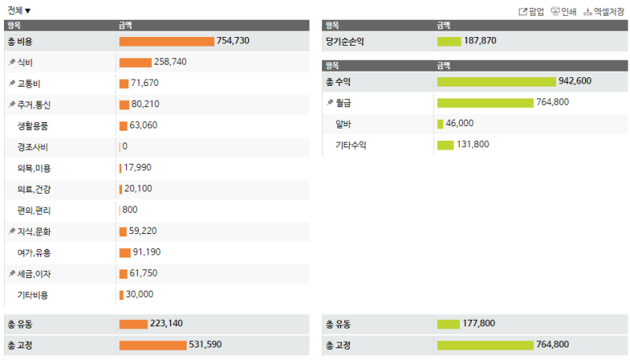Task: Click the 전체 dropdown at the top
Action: coord(19,10)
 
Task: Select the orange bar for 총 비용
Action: coord(166,41)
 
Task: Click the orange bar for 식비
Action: coord(135,62)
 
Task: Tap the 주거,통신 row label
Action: coord(34,104)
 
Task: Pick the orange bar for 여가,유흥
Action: coord(124,252)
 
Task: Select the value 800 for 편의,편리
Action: coord(130,210)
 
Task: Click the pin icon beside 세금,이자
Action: coord(11,273)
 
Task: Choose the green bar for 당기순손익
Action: coord(449,41)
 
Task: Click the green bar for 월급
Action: coord(485,102)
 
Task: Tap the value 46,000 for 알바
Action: coord(460,124)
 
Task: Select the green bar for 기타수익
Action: coord(446,145)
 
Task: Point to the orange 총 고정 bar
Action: coord(153,345)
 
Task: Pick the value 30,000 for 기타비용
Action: coord(139,295)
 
